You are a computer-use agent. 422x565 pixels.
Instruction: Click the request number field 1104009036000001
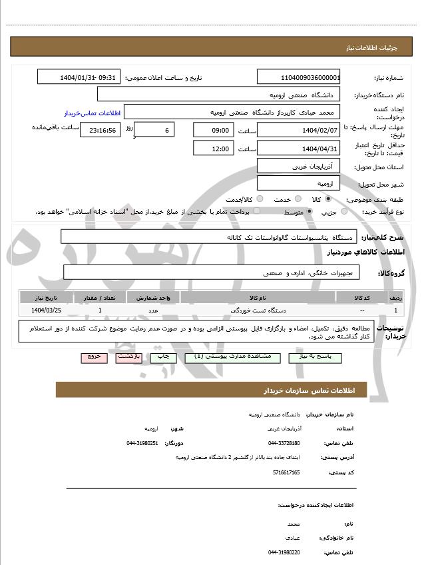pos(299,78)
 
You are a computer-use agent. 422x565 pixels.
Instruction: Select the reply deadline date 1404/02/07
pos(299,130)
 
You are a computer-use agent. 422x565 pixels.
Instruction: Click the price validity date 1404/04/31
pos(299,149)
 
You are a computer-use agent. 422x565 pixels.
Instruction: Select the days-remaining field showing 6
pos(154,130)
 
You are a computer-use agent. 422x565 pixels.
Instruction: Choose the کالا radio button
pos(328,199)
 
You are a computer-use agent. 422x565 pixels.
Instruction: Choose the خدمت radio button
pos(297,199)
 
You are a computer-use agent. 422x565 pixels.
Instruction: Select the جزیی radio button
pos(344,212)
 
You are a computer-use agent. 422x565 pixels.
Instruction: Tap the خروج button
pos(94,357)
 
